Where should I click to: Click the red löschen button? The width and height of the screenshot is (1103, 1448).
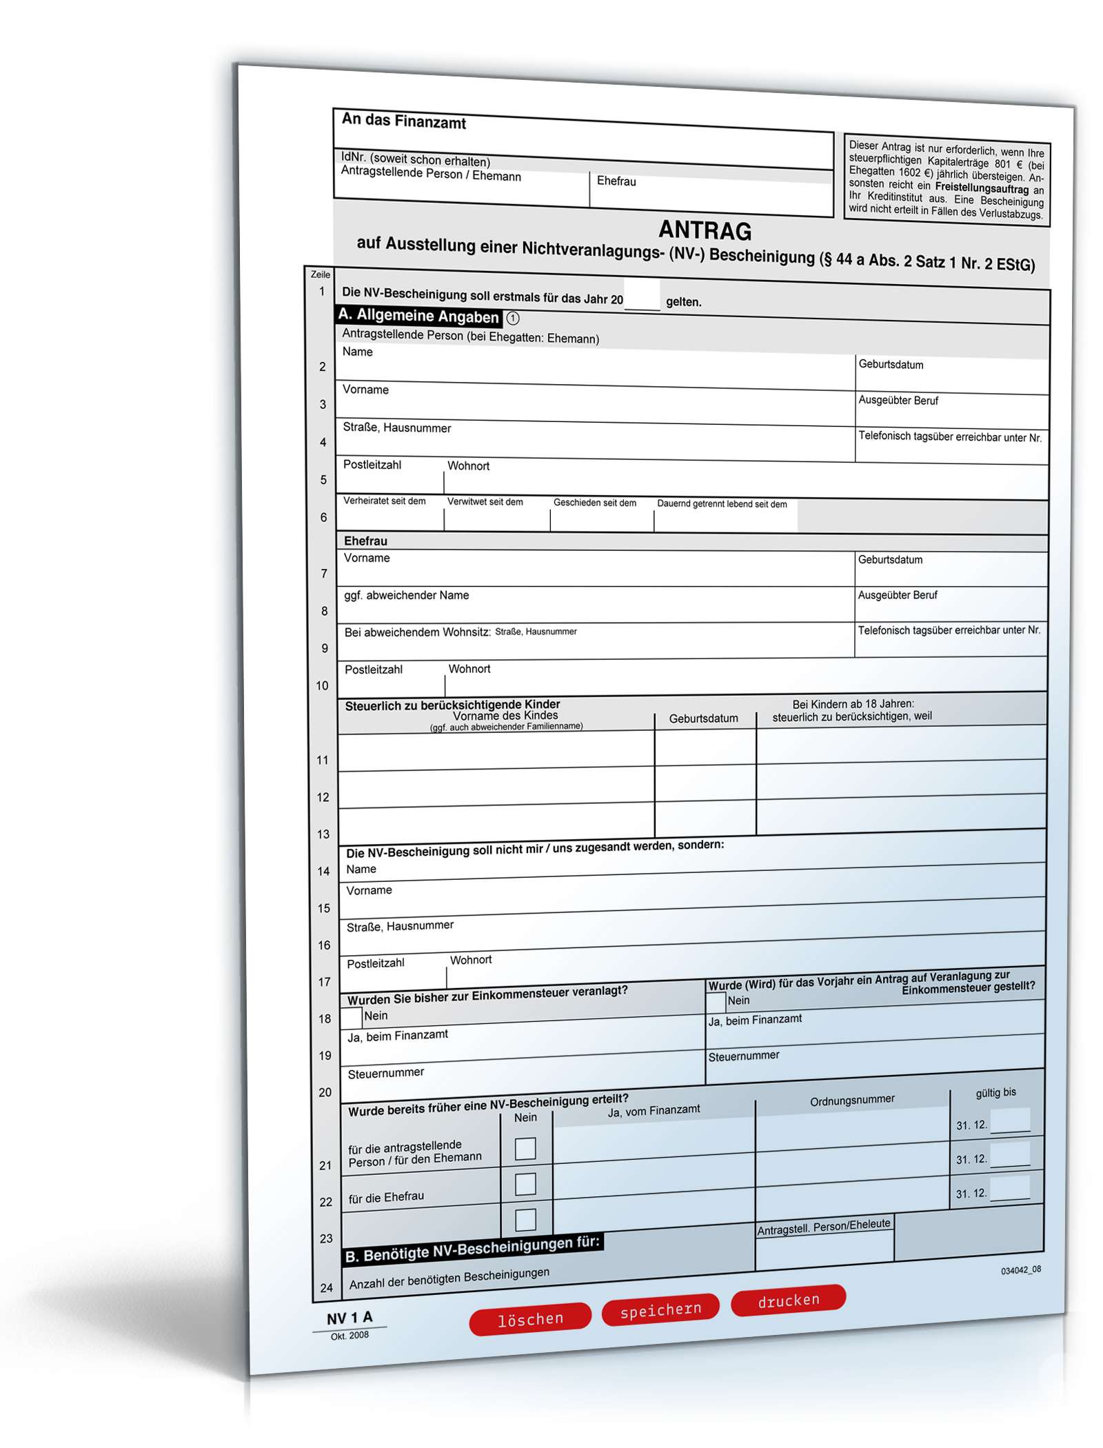(529, 1318)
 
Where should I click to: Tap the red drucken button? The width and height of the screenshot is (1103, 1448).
(788, 1300)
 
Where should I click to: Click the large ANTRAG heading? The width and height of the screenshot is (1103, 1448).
(705, 230)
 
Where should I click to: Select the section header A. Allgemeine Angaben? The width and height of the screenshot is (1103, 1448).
(418, 316)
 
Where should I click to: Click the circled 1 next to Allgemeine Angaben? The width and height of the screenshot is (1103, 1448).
(513, 318)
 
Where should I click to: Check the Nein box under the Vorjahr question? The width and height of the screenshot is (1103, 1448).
(716, 1002)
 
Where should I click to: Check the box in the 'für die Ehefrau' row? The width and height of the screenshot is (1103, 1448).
(525, 1183)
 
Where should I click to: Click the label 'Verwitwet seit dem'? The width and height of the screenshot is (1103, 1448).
(485, 501)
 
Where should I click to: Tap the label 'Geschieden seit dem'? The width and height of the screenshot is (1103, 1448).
(594, 502)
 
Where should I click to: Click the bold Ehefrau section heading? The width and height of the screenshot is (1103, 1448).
(365, 541)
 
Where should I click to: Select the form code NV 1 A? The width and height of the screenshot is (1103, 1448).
(349, 1318)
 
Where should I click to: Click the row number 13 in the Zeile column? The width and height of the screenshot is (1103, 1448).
(323, 834)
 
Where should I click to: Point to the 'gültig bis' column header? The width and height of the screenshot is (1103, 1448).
(995, 1092)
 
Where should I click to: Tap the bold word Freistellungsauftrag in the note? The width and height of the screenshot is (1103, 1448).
(981, 188)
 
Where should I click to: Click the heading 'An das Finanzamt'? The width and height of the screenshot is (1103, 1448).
(404, 121)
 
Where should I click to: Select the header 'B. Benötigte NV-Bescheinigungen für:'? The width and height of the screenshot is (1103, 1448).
(473, 1249)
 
